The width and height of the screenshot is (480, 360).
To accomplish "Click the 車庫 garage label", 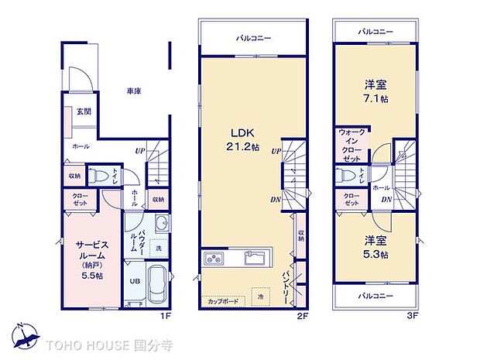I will tap(134, 91).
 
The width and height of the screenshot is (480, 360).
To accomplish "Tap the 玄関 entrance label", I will tap(83, 111).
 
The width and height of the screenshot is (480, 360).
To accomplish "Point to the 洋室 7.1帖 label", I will tap(375, 91).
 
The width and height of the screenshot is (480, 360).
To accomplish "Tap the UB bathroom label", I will tap(134, 282).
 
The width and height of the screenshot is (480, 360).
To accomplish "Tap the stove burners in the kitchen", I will tap(213, 259).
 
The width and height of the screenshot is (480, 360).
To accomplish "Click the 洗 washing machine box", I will tap(159, 249).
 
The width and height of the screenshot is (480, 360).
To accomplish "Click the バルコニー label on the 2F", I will tap(252, 37).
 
